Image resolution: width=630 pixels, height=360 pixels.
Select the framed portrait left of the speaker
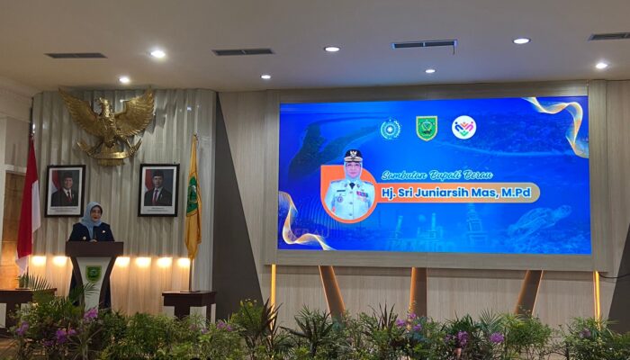point(65,190)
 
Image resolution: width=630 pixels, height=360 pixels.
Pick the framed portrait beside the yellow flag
point(158,189)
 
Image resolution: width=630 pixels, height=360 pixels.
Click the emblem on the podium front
point(94,272)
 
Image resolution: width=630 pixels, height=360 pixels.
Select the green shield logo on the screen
point(427,129)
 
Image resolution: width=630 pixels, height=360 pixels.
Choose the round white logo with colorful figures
point(463,128)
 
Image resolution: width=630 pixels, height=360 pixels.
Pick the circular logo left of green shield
point(390,129)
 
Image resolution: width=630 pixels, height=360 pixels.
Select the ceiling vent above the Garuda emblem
point(76,55)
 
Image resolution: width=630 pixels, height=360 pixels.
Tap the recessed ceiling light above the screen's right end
point(521,40)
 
